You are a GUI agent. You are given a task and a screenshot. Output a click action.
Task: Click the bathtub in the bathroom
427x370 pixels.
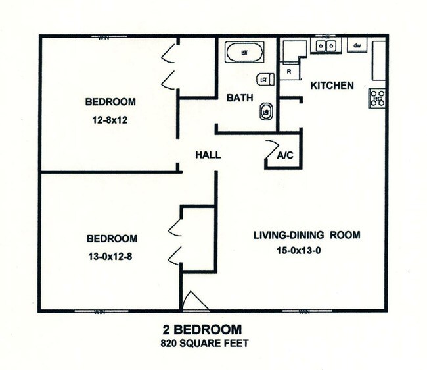tap(244, 51)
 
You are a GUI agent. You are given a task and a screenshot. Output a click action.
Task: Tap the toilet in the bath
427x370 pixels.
tap(265, 79)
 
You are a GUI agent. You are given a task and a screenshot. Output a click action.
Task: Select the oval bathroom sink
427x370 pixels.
tap(266, 111)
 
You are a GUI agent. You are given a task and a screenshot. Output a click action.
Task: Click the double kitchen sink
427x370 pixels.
tap(326, 45)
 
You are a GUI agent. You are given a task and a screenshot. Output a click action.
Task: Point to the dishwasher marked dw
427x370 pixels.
tap(357, 45)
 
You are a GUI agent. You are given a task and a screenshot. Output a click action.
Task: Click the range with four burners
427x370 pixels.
tap(378, 98)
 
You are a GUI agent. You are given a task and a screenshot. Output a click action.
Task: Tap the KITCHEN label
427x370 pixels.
tap(332, 86)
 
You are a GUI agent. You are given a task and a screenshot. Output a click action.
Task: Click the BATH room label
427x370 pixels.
tap(240, 98)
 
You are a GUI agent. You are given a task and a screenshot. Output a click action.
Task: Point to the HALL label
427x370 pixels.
tap(208, 155)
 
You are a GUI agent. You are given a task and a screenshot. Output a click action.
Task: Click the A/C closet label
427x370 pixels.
tap(285, 156)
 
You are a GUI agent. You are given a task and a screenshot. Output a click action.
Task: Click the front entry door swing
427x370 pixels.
tap(195, 301)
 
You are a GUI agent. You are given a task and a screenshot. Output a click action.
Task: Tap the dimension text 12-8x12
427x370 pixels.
tap(110, 120)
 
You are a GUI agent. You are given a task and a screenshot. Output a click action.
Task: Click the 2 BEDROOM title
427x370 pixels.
tap(202, 329)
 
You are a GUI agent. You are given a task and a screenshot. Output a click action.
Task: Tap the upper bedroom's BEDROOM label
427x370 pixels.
tap(110, 102)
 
